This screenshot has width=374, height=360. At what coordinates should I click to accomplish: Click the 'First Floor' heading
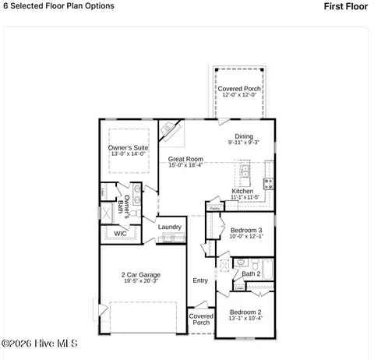coord(344,6)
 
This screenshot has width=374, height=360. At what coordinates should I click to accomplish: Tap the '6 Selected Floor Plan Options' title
coord(58,6)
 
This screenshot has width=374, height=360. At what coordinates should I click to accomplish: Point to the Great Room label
coord(185,160)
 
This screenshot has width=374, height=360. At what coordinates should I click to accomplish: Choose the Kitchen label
coord(243,192)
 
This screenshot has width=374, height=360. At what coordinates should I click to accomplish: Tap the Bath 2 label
coord(251,274)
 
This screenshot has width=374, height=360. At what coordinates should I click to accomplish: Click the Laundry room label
coord(169,228)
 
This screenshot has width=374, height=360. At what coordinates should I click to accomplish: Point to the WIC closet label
coord(120,233)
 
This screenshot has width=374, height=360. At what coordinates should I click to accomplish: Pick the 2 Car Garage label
coord(140,275)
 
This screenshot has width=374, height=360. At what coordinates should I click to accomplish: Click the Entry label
coord(200,281)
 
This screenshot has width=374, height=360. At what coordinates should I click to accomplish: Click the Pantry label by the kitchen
coord(213,209)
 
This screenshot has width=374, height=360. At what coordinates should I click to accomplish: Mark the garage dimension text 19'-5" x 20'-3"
coord(140,282)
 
